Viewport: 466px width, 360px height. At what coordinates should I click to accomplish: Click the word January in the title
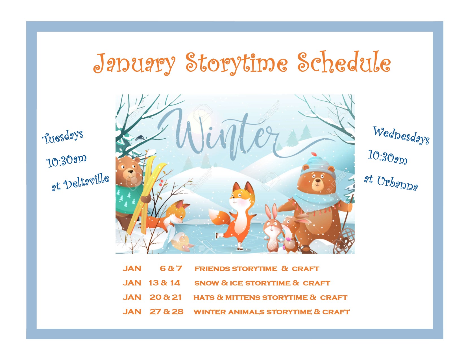coord(134,64)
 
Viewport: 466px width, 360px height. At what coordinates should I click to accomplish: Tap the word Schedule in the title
coord(344,62)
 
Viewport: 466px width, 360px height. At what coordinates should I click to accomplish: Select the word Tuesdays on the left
coord(63,137)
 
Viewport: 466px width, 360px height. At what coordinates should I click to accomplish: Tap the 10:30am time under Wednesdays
coord(387,157)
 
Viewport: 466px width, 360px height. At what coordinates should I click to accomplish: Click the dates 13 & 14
coord(164,283)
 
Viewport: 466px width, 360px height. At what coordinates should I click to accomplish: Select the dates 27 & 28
coord(166,311)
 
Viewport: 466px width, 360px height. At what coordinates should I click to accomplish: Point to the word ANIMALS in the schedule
coord(246,312)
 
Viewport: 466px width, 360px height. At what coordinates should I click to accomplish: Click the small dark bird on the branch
coord(140,138)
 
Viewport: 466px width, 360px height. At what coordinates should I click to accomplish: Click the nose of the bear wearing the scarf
coord(317,180)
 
